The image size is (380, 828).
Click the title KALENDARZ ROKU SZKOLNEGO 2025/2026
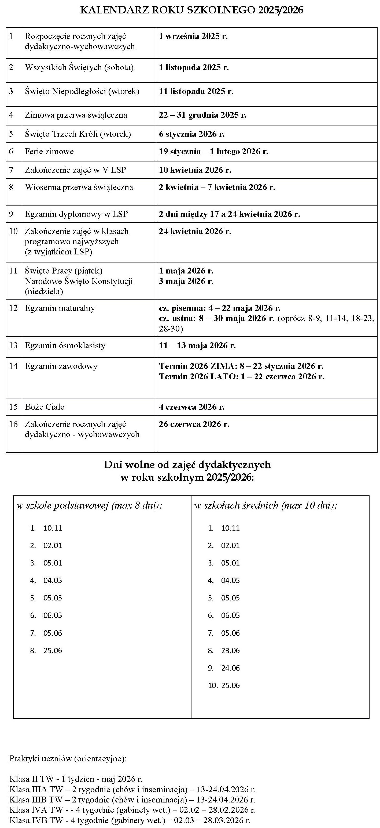pos(191,10)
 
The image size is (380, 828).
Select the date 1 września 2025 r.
pos(193,36)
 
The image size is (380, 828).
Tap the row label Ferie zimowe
pos(49,152)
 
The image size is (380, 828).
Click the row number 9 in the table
pos(11,214)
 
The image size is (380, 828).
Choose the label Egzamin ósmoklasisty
pos(65,345)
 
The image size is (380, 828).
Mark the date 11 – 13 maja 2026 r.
pos(197,345)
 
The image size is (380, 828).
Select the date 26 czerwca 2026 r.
pos(194,424)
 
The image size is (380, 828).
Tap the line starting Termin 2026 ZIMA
pos(241,366)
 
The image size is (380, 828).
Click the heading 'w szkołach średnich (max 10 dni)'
pos(266,506)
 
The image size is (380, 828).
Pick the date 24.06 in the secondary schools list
pos(230,668)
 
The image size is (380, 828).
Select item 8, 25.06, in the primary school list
pos(53,651)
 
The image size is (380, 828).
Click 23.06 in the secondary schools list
pos(230,651)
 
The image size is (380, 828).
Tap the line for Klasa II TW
pos(76,779)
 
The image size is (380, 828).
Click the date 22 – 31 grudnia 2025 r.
pos(203,115)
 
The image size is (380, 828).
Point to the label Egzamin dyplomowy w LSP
pos(76,214)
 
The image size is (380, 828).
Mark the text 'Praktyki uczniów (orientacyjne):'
pos(68,759)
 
